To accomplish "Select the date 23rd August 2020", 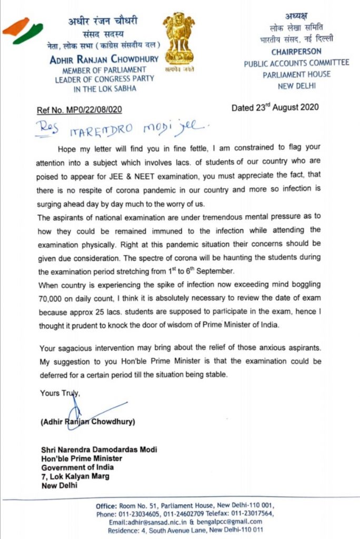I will click(275, 108).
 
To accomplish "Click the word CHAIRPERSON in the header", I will click(296, 52).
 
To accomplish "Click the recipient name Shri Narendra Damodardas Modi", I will click(99, 450).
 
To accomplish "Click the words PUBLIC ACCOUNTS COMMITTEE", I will click(296, 63).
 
